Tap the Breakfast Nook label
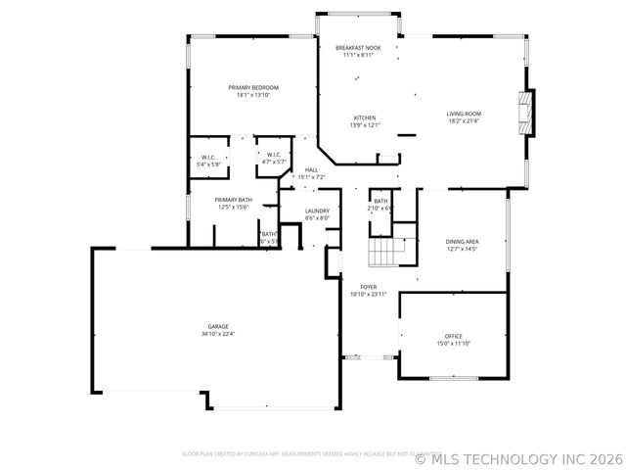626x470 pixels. tap(358, 47)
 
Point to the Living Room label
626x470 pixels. tap(465, 114)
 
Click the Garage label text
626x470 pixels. tap(218, 326)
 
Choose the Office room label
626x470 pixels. tap(454, 336)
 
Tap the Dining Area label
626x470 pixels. tap(462, 241)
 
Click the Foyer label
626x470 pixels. tap(369, 287)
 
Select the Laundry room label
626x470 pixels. tap(317, 211)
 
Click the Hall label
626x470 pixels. tap(311, 170)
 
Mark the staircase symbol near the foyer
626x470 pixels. tap(385, 253)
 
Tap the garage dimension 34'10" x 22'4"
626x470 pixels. tap(218, 334)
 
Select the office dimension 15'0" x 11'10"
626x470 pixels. tap(454, 344)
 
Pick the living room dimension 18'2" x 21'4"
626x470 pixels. tap(465, 121)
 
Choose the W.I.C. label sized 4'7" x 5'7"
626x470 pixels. tap(273, 160)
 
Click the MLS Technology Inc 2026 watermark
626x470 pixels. tap(518, 457)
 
